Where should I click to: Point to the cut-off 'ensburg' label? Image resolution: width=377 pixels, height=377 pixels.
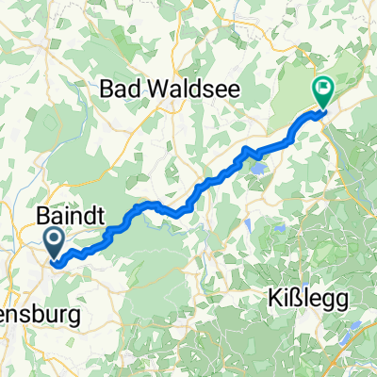click(28, 313)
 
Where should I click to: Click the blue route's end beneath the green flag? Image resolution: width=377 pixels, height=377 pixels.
click(323, 113)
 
